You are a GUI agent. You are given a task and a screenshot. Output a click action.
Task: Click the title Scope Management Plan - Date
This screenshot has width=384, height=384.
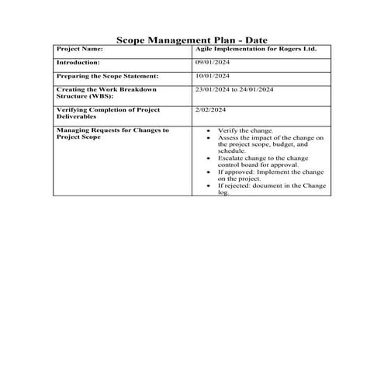click(192, 38)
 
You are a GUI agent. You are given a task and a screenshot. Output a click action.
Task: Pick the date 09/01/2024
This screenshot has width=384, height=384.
click(212, 62)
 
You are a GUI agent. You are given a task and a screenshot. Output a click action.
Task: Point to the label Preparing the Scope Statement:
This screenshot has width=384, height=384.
click(107, 76)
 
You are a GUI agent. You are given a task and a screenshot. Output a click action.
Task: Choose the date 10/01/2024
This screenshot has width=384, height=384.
click(212, 76)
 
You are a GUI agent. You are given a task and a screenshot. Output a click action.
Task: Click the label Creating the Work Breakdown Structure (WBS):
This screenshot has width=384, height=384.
click(106, 94)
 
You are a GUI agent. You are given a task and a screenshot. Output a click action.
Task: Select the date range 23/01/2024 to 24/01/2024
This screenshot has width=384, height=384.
click(235, 90)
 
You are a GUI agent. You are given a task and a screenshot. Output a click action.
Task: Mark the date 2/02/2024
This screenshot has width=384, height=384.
click(209, 111)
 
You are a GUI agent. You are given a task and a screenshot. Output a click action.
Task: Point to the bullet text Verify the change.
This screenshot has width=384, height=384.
click(240, 130)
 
